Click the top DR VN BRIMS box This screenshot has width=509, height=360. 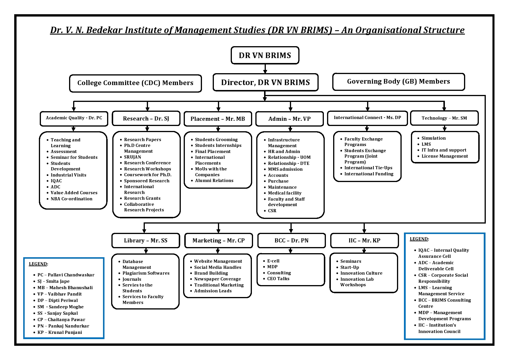(265, 55)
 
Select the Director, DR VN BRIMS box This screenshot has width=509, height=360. (266, 82)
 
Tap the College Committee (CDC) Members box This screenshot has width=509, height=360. (136, 83)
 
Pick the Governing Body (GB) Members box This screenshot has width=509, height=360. (398, 82)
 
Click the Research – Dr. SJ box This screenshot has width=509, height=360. (146, 118)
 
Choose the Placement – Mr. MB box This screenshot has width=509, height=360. (218, 119)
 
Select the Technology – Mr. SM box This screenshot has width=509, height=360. (444, 118)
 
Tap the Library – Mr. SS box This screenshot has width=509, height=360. (146, 240)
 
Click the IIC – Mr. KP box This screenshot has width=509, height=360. (364, 240)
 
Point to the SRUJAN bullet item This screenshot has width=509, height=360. (133, 157)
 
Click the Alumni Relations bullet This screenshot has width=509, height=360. (214, 181)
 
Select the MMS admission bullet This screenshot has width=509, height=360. (285, 169)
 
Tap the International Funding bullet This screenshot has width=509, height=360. (369, 174)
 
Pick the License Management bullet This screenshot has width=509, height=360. (445, 156)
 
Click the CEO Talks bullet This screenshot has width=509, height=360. (278, 279)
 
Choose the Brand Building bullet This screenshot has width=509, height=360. (211, 273)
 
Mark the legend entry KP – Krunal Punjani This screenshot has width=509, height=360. (60, 332)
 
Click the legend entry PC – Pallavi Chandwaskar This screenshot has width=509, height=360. (66, 275)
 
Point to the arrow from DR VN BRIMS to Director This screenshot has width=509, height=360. (265, 69)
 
